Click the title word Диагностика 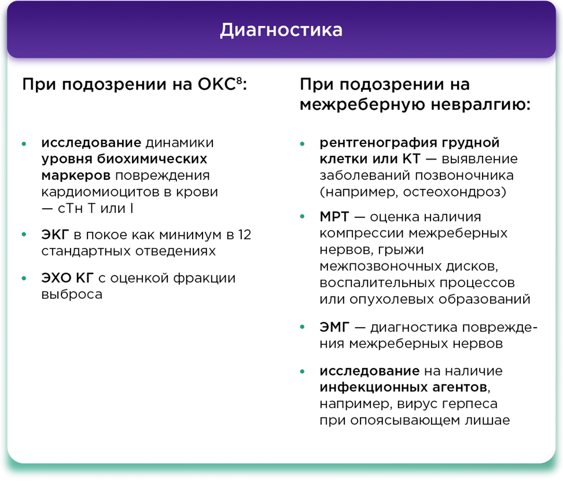[281, 30]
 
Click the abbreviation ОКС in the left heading [216, 84]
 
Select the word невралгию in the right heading [480, 105]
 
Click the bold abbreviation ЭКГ [55, 235]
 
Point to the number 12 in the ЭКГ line [245, 235]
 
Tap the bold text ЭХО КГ [67, 278]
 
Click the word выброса [72, 294]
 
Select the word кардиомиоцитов [100, 192]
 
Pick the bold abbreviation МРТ [334, 217]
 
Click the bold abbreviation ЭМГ [334, 327]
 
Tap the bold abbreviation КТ [411, 159]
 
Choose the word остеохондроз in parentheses [452, 192]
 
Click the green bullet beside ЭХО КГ [24, 279]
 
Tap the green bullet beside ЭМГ [302, 327]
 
